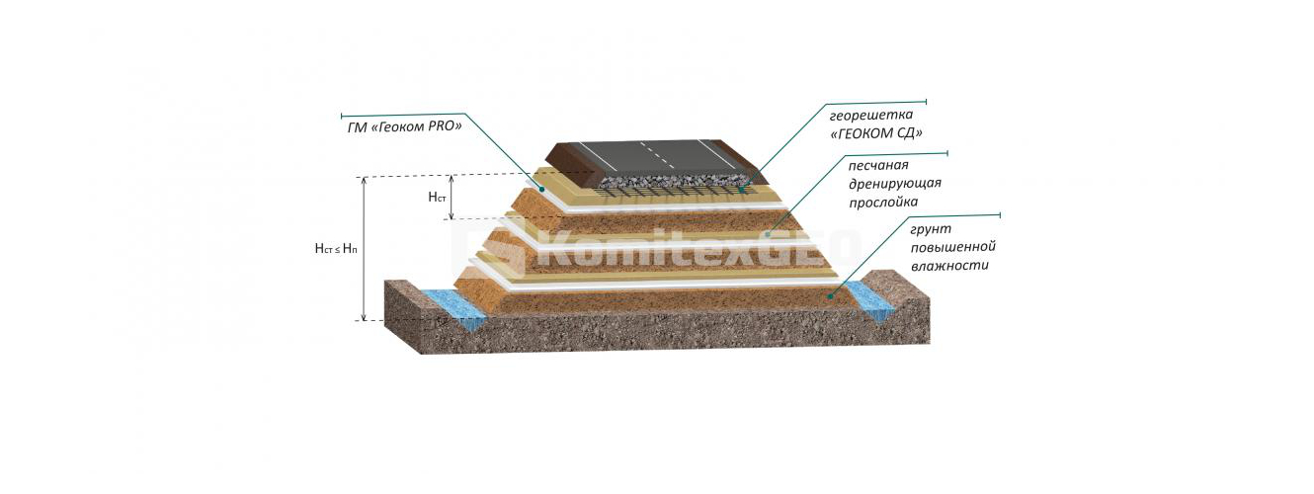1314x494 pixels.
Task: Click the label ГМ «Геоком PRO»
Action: (405, 126)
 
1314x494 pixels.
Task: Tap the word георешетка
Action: (871, 115)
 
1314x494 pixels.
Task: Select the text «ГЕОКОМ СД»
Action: (876, 133)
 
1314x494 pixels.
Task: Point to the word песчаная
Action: (878, 165)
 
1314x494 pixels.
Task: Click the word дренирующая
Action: (894, 183)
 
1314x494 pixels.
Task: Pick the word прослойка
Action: (883, 202)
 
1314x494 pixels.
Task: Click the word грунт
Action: (931, 229)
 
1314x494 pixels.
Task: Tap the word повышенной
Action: (952, 247)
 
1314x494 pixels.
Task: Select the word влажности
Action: (949, 265)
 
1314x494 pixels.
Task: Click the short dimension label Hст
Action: (437, 198)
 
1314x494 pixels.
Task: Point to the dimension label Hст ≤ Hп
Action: (336, 249)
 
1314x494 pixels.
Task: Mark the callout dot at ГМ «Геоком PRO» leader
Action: (542, 189)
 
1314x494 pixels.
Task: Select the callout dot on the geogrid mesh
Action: (742, 189)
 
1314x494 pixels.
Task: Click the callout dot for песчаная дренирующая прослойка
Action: (768, 233)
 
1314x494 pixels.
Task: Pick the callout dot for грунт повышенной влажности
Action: (829, 297)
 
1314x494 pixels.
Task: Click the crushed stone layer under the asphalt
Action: (675, 179)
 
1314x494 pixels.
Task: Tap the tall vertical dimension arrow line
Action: (365, 249)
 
